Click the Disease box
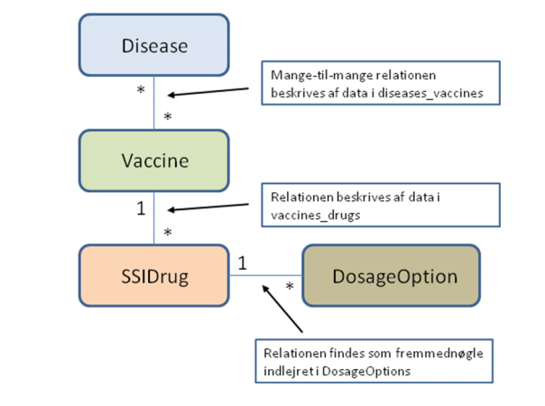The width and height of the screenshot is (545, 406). [155, 44]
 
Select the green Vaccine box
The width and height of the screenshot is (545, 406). [155, 161]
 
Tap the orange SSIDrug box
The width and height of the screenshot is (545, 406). [155, 276]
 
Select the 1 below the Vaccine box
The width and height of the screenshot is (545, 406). [141, 208]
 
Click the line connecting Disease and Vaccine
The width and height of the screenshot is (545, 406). [154, 104]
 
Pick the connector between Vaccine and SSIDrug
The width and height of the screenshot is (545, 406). [154, 219]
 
